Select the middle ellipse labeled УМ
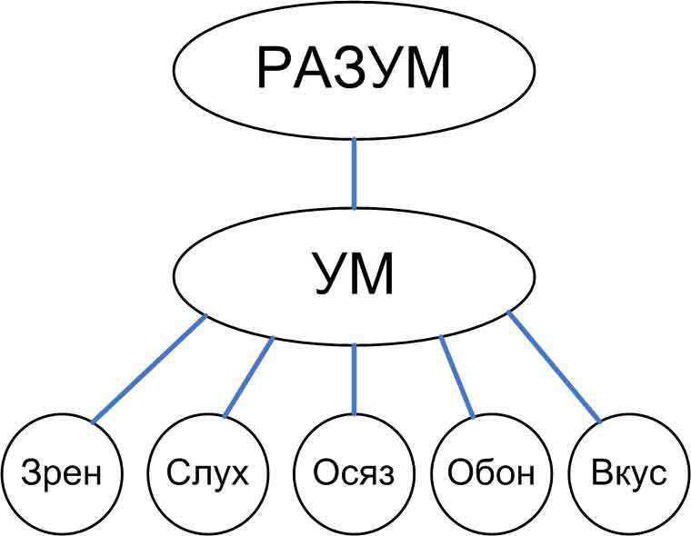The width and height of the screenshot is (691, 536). click(x=354, y=276)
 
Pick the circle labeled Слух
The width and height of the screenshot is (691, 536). click(x=207, y=473)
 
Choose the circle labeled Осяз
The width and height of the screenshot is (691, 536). click(x=354, y=473)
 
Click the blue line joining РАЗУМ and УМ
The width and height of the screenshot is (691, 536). click(x=354, y=173)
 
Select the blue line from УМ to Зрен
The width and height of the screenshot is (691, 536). click(x=149, y=369)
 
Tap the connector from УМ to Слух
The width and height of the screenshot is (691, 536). click(x=249, y=378)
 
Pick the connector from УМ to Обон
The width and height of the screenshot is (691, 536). click(x=457, y=378)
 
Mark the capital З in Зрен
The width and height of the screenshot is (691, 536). click(x=31, y=473)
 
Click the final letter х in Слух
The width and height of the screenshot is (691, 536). click(x=237, y=475)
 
